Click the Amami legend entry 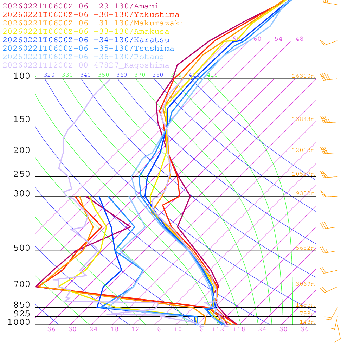(x=81, y=6)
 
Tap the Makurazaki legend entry (x=93, y=23)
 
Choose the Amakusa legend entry (x=86, y=32)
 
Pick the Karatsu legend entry (x=86, y=40)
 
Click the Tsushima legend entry (x=88, y=49)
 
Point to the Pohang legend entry (x=83, y=57)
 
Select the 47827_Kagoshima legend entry (x=86, y=65)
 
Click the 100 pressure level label (x=22, y=76)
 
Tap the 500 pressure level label (x=22, y=249)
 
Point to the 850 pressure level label (x=22, y=305)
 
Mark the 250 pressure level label (x=22, y=174)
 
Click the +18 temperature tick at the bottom (x=239, y=329)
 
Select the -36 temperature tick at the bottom (x=49, y=329)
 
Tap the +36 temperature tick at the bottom (x=302, y=329)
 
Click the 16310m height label (x=303, y=76)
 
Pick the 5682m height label (x=305, y=248)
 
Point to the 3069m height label (x=305, y=284)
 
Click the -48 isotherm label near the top (x=297, y=39)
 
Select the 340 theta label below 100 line (x=85, y=75)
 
